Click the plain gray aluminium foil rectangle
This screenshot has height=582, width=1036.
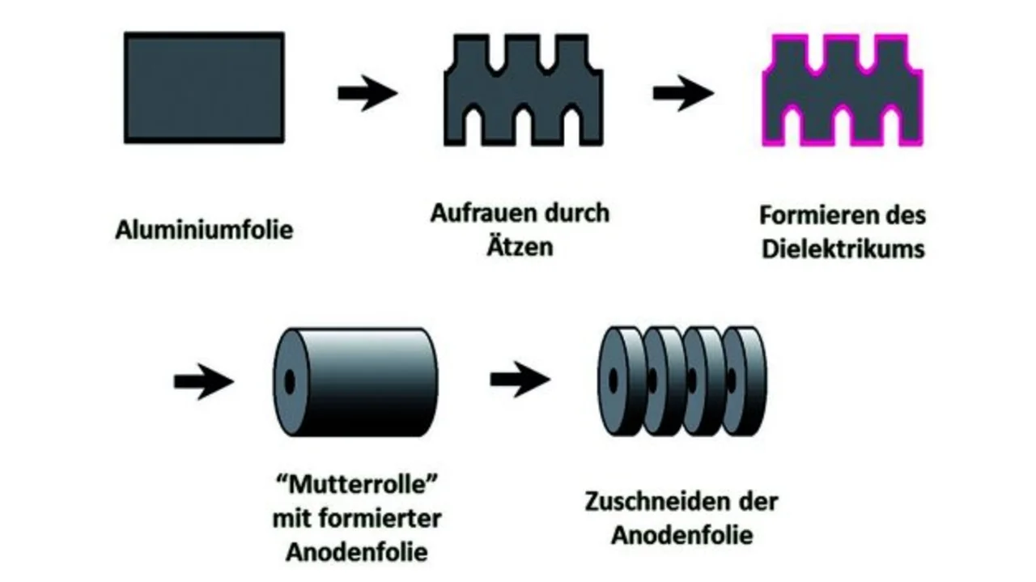tap(204, 87)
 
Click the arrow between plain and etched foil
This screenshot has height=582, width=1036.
tap(367, 92)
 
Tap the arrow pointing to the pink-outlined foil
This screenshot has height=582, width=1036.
tap(682, 92)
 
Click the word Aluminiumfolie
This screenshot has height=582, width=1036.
tap(203, 230)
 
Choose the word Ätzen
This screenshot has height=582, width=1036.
tap(520, 245)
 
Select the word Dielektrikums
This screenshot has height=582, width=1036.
tap(843, 248)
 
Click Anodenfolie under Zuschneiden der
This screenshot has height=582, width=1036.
tap(681, 534)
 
